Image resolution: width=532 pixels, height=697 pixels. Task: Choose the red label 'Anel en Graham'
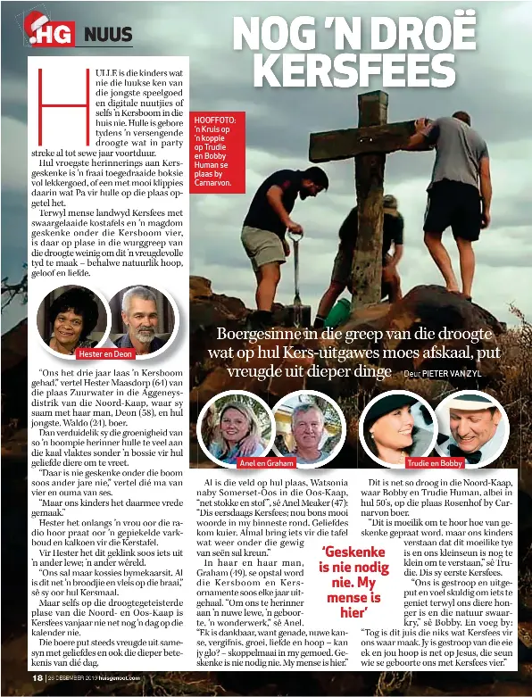click(x=267, y=464)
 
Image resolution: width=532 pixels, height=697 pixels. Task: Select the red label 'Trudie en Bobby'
click(x=434, y=464)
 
